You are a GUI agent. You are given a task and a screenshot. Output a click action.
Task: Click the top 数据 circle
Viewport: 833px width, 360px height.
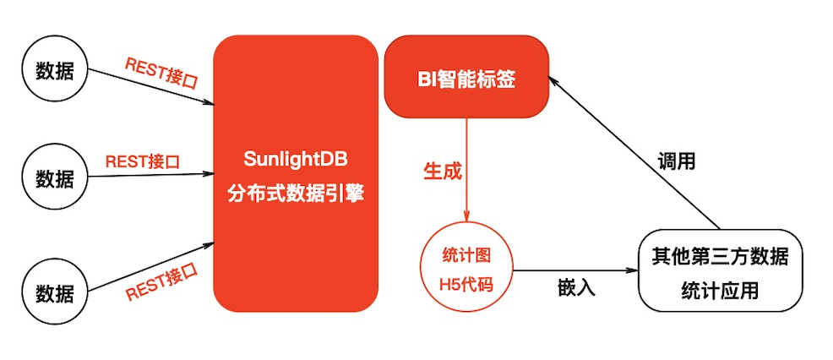[54, 71]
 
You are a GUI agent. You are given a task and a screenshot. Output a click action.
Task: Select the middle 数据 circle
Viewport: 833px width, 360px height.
[54, 178]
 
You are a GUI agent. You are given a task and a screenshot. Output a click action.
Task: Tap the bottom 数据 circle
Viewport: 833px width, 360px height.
[54, 293]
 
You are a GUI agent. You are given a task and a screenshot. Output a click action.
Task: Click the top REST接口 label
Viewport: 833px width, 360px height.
[161, 74]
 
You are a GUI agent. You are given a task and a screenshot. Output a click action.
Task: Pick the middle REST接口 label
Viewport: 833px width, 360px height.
[143, 160]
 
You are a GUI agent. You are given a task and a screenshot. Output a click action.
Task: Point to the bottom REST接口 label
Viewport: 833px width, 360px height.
[161, 281]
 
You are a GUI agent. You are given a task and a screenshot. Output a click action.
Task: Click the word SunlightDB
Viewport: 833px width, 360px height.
[296, 160]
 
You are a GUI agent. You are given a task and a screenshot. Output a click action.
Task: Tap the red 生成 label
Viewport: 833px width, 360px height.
[442, 171]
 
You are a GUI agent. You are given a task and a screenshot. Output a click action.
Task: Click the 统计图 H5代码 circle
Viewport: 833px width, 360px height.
[466, 271]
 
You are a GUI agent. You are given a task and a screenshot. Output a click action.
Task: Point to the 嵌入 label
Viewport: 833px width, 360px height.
[576, 287]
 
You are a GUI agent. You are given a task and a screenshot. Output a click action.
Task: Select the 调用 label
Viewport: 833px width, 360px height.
[676, 161]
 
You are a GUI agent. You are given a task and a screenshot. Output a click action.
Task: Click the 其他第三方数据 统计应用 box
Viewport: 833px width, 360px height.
[719, 272]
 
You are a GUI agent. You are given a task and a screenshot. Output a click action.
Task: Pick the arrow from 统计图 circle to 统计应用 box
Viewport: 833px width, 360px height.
[574, 271]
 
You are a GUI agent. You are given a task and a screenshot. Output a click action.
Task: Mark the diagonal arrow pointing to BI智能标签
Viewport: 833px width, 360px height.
[634, 152]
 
